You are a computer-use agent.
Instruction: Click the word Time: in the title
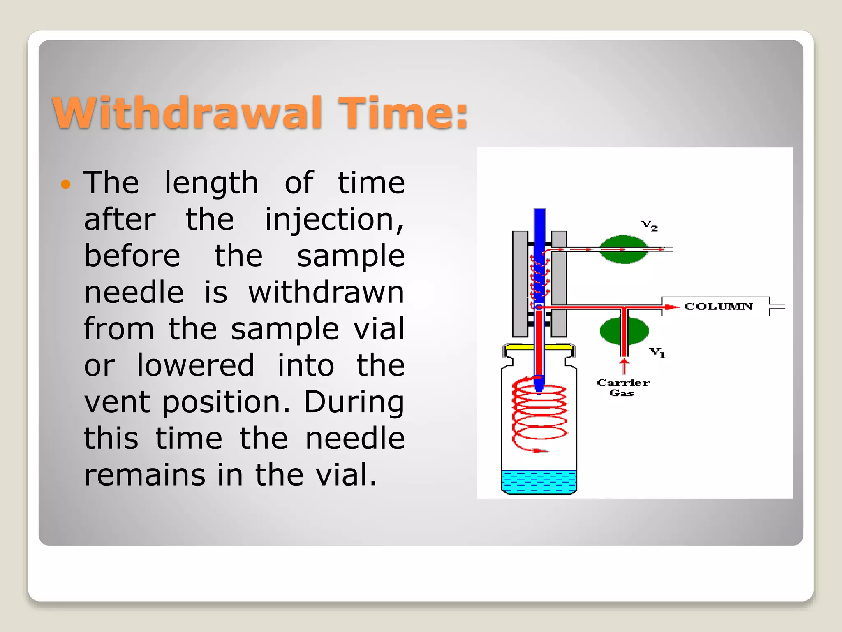pyautogui.click(x=403, y=113)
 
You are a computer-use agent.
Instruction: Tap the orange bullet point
pyautogui.click(x=66, y=184)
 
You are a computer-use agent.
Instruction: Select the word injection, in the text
pyautogui.click(x=334, y=219)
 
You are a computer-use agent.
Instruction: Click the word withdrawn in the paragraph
pyautogui.click(x=326, y=293)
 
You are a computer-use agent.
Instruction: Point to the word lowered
pyautogui.click(x=195, y=365)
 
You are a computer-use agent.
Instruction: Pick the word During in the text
pyautogui.click(x=354, y=402)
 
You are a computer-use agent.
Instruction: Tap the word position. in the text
pyautogui.click(x=226, y=402)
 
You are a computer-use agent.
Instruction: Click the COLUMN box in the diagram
pyautogui.click(x=717, y=307)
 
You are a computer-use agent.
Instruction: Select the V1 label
pyautogui.click(x=657, y=352)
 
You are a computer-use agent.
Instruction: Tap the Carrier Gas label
pyautogui.click(x=623, y=388)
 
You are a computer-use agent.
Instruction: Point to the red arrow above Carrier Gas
pyautogui.click(x=624, y=365)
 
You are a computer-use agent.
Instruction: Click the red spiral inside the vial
pyautogui.click(x=539, y=416)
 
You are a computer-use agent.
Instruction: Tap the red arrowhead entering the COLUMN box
pyautogui.click(x=671, y=307)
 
